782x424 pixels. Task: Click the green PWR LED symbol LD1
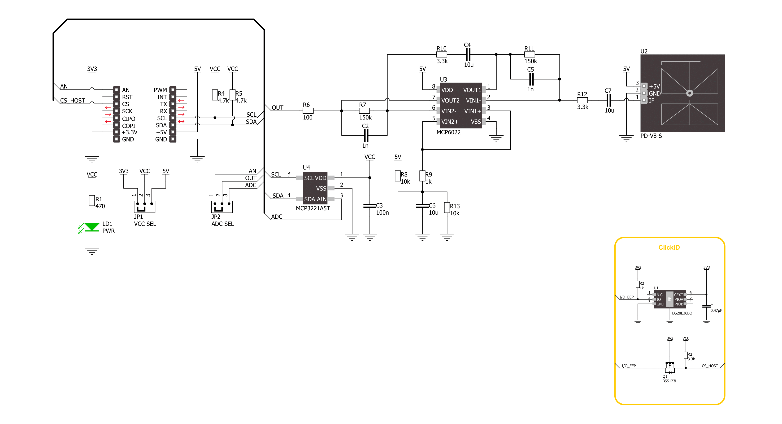click(92, 227)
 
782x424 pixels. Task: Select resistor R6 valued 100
click(308, 111)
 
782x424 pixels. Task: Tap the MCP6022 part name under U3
click(448, 132)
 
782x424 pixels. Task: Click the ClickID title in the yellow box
click(669, 247)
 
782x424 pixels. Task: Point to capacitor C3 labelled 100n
click(370, 206)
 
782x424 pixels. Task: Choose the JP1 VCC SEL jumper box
click(144, 207)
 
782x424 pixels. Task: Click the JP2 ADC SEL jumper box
click(222, 207)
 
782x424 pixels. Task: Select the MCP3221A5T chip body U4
click(315, 188)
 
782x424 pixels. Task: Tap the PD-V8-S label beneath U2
click(651, 136)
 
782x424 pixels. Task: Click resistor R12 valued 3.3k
click(582, 100)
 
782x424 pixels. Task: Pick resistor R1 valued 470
click(92, 201)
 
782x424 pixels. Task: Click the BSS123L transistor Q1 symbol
click(670, 368)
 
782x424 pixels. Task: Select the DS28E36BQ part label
click(682, 313)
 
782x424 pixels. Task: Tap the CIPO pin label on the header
click(129, 119)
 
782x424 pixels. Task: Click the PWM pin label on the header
click(160, 90)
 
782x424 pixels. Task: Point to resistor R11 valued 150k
click(530, 55)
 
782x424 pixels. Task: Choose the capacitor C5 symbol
click(531, 79)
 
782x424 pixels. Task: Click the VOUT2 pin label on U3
click(450, 101)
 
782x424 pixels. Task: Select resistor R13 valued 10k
click(447, 208)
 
